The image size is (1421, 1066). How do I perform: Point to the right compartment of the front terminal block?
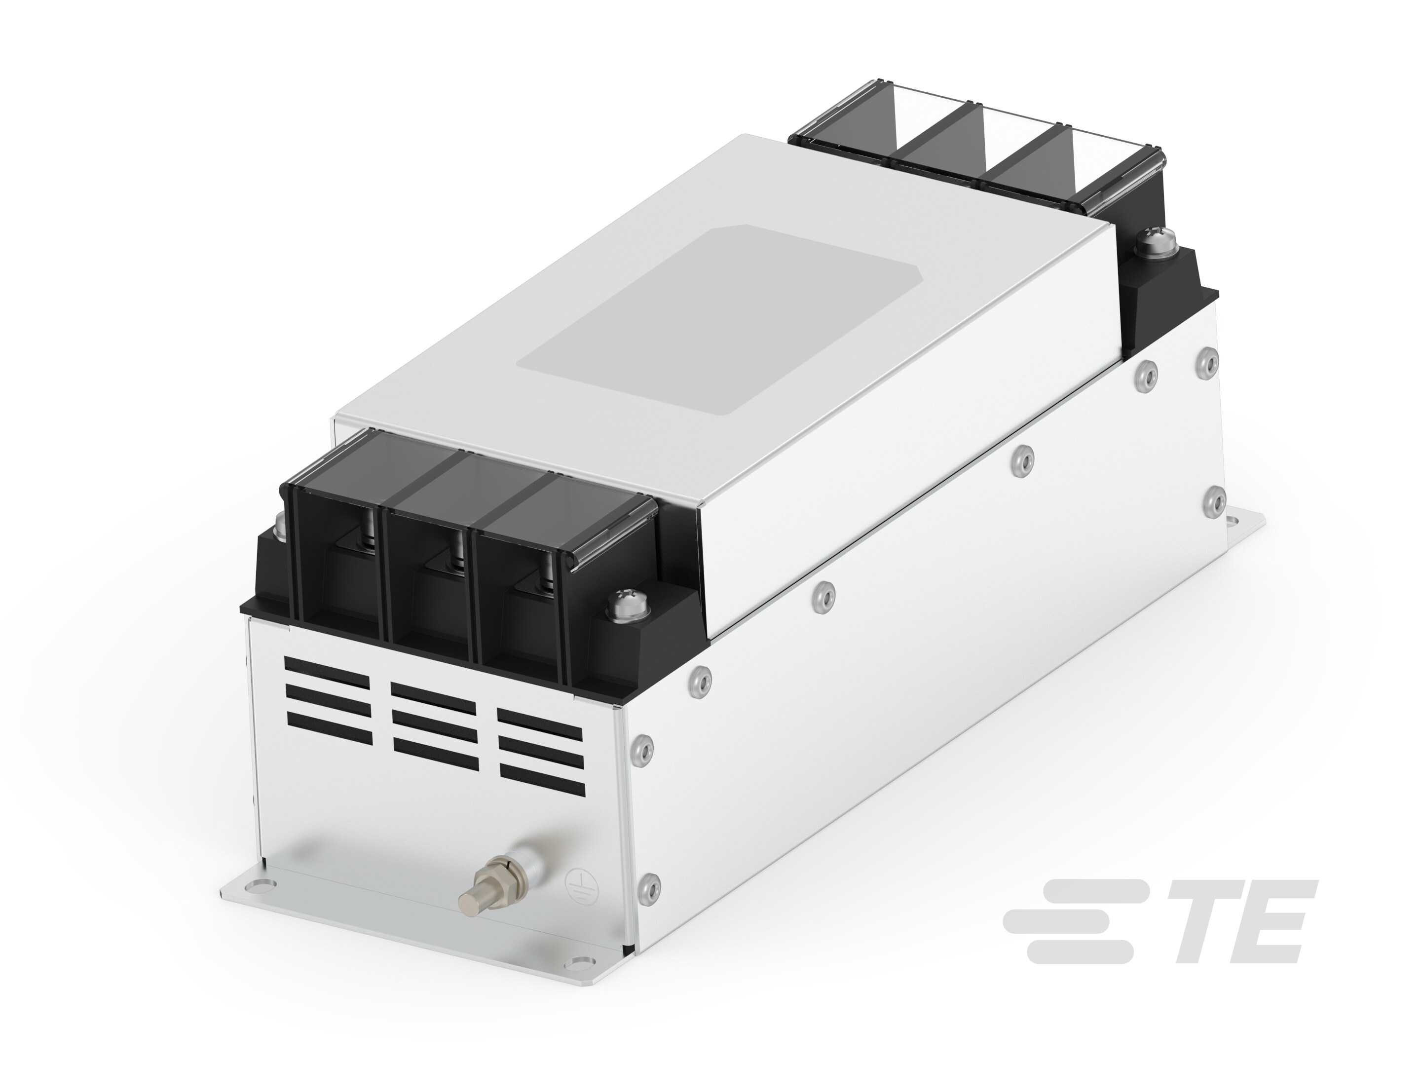[x=524, y=591]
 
